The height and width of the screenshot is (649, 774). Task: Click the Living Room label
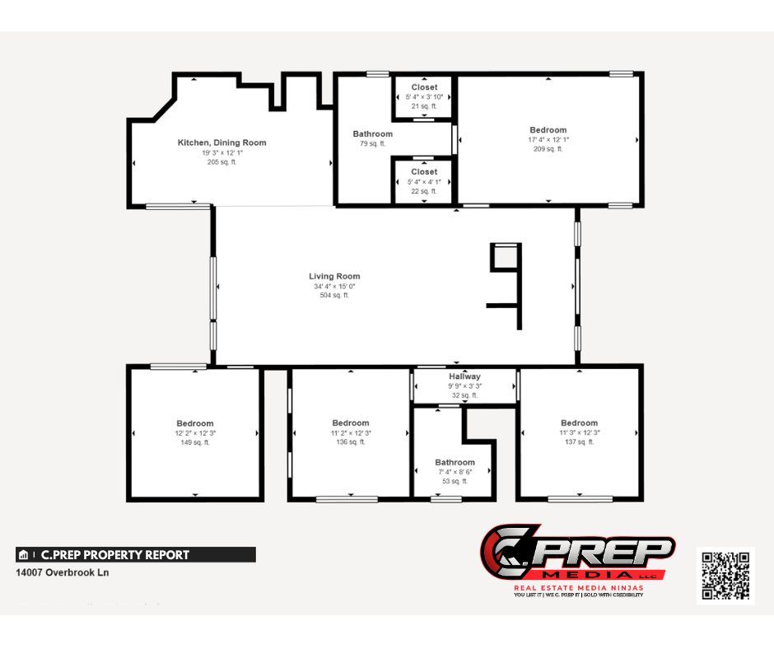pos(334,276)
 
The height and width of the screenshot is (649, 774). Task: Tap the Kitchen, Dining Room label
pos(221,142)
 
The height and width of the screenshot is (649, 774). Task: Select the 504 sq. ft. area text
pos(334,295)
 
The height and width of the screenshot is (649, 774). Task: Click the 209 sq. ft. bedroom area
pos(548,149)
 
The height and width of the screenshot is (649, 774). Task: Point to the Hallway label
pos(464,376)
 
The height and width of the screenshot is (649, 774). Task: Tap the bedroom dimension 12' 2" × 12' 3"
pos(194,433)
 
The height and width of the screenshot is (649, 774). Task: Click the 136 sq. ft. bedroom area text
pos(351,442)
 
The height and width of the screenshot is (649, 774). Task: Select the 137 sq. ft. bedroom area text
pos(579,442)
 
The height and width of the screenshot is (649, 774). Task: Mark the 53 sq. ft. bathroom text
pos(455,481)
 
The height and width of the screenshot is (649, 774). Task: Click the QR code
pos(725,575)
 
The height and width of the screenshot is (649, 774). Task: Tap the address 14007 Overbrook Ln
pos(63,572)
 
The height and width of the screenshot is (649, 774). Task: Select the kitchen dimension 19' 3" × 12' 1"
pos(221,152)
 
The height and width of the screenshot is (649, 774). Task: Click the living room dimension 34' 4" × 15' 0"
pos(334,286)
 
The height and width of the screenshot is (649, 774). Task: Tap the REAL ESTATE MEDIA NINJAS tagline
pos(578,587)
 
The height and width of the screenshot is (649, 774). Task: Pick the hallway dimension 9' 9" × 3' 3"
pos(464,386)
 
